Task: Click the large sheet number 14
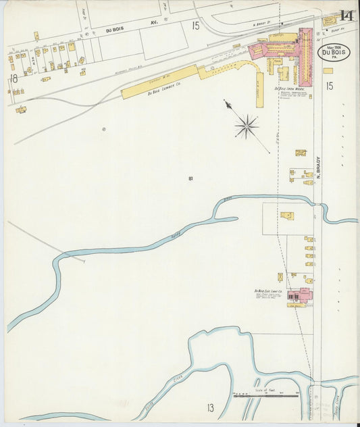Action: (x=347, y=15)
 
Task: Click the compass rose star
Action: (x=247, y=126)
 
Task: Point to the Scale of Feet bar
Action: (x=266, y=395)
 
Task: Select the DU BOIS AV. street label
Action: (x=118, y=30)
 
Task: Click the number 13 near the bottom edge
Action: (x=210, y=407)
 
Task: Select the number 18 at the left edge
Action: (x=13, y=78)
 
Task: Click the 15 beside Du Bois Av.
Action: (x=195, y=26)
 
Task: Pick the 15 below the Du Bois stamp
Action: (x=330, y=86)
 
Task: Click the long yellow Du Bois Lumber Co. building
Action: (x=159, y=82)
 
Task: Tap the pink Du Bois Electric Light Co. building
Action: (x=301, y=295)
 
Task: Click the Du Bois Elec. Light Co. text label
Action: (x=268, y=291)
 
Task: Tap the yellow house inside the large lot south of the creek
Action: (x=287, y=216)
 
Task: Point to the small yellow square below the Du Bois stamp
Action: (x=328, y=70)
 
